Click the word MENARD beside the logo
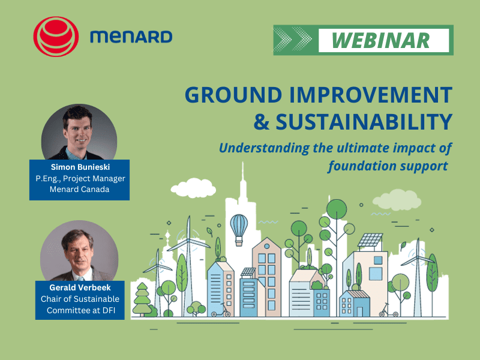click(x=131, y=37)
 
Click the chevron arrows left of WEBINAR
click(x=295, y=40)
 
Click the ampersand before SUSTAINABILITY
click(x=262, y=122)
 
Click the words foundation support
click(x=388, y=166)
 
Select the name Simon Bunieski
click(x=79, y=168)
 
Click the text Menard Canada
click(x=79, y=191)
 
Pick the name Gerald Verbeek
click(x=79, y=287)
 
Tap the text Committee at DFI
click(x=79, y=310)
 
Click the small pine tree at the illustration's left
click(x=142, y=298)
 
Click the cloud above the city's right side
click(x=397, y=199)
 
